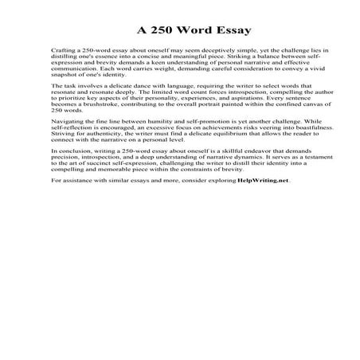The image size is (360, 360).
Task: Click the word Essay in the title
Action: tap(229, 31)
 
